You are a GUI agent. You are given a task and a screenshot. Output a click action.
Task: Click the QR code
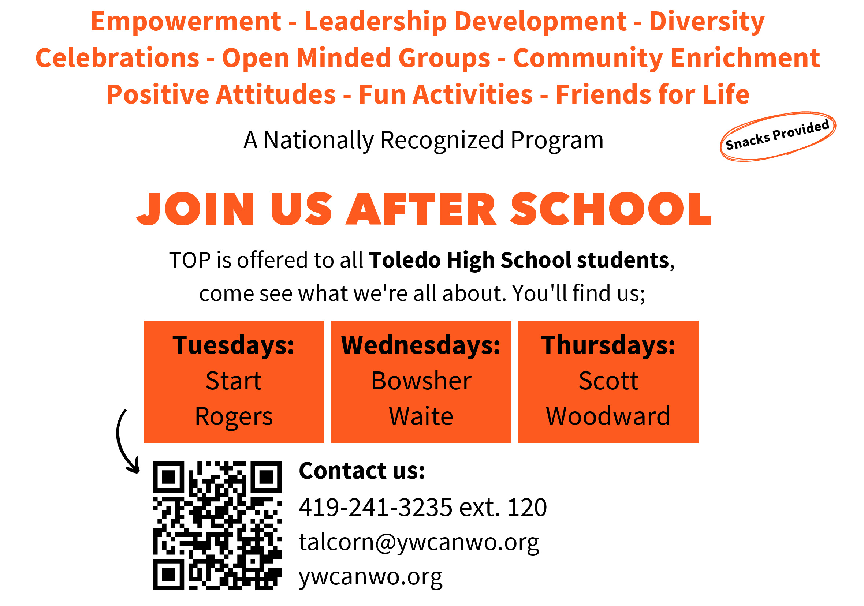(x=217, y=525)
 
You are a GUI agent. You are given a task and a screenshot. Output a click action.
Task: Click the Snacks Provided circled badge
(x=778, y=136)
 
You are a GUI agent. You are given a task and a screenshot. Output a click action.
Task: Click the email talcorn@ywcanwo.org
(x=419, y=543)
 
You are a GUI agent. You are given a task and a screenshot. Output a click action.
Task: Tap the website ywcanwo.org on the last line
(x=370, y=577)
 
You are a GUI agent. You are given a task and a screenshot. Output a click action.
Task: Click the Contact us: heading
(x=362, y=471)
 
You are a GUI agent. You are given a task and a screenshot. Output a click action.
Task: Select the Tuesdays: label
(x=233, y=345)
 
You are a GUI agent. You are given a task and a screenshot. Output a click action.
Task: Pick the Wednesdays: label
(x=421, y=345)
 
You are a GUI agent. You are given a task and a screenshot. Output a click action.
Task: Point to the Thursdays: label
(x=608, y=345)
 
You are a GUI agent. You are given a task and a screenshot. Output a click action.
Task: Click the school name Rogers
(x=234, y=417)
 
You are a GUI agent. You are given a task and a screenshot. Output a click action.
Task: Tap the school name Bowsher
(x=421, y=381)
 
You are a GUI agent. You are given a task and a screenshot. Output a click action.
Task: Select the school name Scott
(x=608, y=381)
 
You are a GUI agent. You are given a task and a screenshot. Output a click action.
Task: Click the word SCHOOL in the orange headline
(x=610, y=209)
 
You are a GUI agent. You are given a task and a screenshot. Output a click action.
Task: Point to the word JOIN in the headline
(x=195, y=209)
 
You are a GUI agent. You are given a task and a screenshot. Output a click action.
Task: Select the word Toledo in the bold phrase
(x=405, y=260)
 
